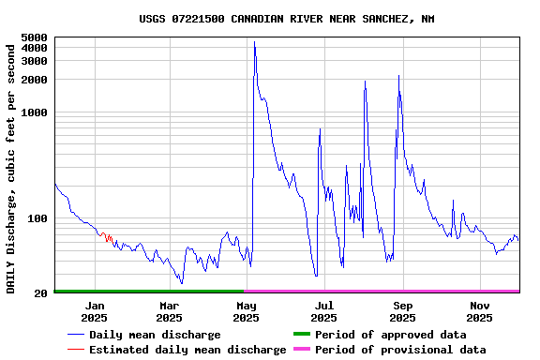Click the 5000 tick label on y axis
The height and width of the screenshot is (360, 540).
pos(33,37)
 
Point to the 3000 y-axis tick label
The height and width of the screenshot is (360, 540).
pos(33,61)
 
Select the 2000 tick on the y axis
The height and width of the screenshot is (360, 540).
pos(33,80)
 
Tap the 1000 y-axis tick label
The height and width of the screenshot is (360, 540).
pos(33,112)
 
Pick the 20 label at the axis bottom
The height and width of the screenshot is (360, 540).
pos(40,293)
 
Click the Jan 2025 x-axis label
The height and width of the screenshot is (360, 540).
pos(94,311)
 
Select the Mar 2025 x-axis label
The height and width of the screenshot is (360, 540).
pos(170,311)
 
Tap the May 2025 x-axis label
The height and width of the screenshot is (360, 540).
pos(247,311)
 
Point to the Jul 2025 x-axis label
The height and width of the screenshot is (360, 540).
pos(323,311)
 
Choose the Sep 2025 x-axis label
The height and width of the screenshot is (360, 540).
pos(402,311)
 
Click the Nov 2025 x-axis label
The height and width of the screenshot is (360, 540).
pos(479,311)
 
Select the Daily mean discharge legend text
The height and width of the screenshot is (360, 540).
pos(155,335)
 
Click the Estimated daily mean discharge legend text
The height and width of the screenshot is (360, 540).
pos(187,350)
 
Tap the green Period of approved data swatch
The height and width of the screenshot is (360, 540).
pos(301,335)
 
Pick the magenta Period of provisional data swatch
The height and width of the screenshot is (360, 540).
pos(301,350)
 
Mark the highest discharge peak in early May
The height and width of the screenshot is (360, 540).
pos(254,42)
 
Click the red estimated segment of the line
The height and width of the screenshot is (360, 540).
pos(107,237)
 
